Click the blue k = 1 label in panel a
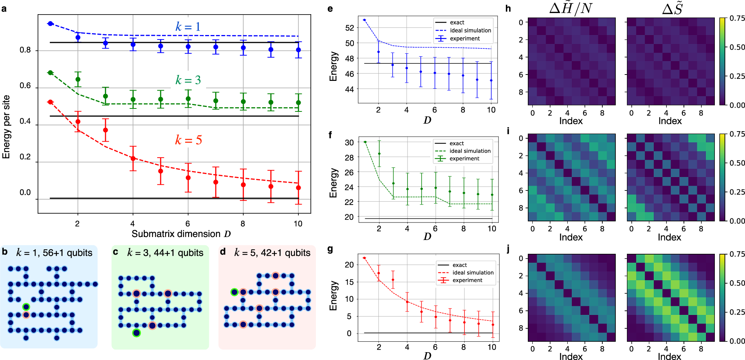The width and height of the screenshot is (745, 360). coord(188,27)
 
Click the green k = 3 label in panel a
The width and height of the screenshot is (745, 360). coord(188,80)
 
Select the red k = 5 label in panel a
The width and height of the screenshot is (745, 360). coord(188,140)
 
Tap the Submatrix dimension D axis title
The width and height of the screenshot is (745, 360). coord(181,234)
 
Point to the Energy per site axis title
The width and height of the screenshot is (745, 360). coord(6,127)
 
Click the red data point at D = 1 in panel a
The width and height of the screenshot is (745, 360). coord(51,102)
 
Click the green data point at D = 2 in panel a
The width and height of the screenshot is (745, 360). coord(78,79)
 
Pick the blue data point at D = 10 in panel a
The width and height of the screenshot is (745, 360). coord(298,50)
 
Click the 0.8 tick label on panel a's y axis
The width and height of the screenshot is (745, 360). coord(25,50)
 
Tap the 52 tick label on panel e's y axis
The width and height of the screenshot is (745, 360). coord(350,28)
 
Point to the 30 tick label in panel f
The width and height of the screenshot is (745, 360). coord(349,142)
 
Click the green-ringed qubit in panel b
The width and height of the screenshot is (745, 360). coord(26,307)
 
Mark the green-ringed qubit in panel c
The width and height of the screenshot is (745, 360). coord(137,333)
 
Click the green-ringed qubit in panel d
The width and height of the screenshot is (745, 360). coord(234,292)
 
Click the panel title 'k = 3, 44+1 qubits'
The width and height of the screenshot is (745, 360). coord(165,253)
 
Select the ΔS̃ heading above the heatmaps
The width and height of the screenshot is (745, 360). coord(672,8)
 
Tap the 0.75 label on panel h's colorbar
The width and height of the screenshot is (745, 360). coord(737,18)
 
